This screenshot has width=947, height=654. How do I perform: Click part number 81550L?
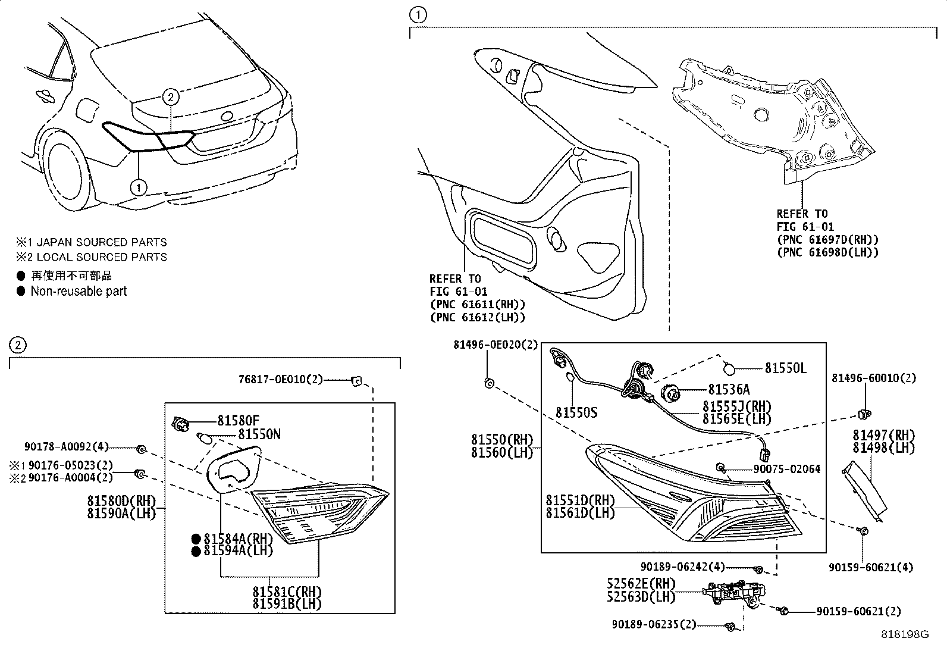785,368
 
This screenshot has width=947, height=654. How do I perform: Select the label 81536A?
729,389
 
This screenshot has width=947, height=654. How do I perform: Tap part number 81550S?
576,412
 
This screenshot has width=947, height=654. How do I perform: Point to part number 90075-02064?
786,469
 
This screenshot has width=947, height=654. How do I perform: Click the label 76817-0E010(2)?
280,380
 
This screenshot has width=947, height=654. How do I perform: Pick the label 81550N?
259,434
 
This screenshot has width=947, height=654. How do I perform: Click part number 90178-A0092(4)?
67,448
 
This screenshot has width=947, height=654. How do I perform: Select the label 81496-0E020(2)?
495,345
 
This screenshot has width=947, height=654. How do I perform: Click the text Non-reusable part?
79,291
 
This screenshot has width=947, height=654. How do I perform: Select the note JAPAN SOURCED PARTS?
98,242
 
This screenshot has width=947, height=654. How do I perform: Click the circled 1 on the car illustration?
138,187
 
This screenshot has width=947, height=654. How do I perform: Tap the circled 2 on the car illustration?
170,96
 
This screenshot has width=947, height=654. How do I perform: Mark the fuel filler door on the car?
86,109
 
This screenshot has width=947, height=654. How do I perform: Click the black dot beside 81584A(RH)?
196,539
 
